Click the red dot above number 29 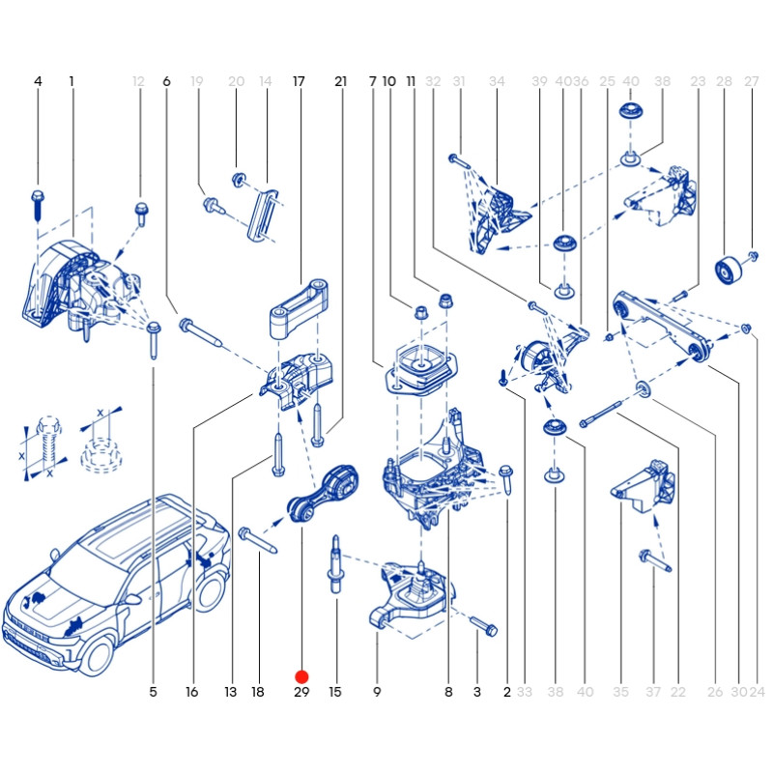301,677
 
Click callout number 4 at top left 38,81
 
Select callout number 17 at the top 299,81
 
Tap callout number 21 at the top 341,81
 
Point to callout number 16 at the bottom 191,692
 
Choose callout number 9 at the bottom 377,692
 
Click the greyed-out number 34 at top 497,81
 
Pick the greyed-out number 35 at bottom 620,692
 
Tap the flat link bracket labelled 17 300,308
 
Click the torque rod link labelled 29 323,493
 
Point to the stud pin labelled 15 335,565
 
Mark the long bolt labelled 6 201,331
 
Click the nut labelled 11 446,301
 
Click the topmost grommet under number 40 631,111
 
